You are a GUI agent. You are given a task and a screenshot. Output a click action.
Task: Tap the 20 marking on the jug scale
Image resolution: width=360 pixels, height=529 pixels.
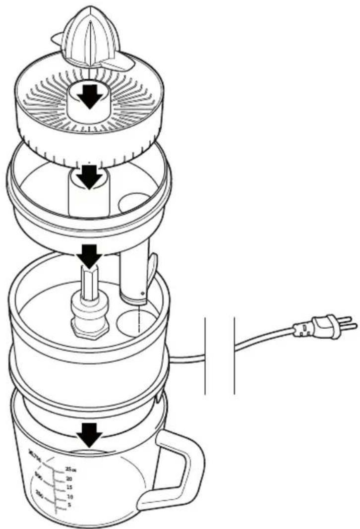[69, 478]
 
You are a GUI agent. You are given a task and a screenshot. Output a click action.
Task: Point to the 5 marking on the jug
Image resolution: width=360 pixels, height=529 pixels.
[69, 505]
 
